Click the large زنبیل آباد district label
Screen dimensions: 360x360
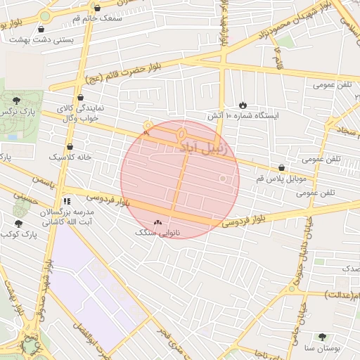(203, 148)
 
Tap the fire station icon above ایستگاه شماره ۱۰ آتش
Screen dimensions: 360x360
(243, 104)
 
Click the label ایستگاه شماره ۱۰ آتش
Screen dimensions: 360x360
(243, 115)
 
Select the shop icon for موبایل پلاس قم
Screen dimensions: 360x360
(282, 168)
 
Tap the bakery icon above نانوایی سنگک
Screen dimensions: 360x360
(157, 221)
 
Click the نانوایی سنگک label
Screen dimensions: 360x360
(157, 231)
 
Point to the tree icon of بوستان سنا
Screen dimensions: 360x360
(323, 337)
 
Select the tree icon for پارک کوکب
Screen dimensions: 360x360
(18, 223)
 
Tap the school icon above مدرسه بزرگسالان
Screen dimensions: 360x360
(67, 201)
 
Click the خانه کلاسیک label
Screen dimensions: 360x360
(70, 157)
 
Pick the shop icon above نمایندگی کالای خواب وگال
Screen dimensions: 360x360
(80, 98)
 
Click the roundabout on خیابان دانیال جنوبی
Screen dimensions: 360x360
(292, 288)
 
